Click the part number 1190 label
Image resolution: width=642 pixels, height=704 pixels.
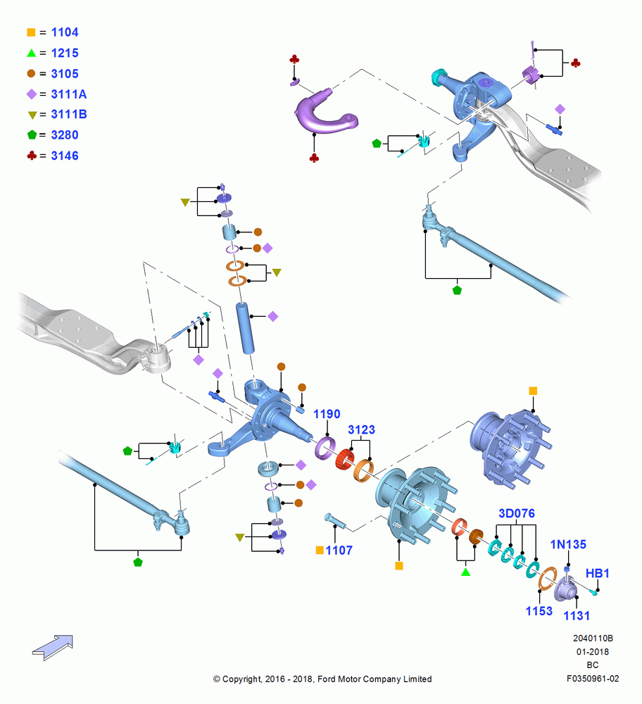pos(327,414)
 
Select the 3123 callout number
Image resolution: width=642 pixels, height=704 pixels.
pos(361,429)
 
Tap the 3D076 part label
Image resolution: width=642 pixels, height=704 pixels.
pos(517,513)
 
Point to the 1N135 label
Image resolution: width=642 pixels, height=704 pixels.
pos(568,544)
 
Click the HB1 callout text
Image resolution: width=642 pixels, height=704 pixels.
pos(597,573)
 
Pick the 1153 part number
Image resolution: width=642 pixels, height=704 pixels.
pos(539,611)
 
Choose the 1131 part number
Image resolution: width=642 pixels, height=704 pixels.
pos(577,615)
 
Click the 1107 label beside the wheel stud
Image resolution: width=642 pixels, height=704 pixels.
pos(339,551)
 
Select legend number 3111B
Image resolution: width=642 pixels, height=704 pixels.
pos(69,115)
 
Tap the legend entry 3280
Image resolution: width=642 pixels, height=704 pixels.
pos(65,135)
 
